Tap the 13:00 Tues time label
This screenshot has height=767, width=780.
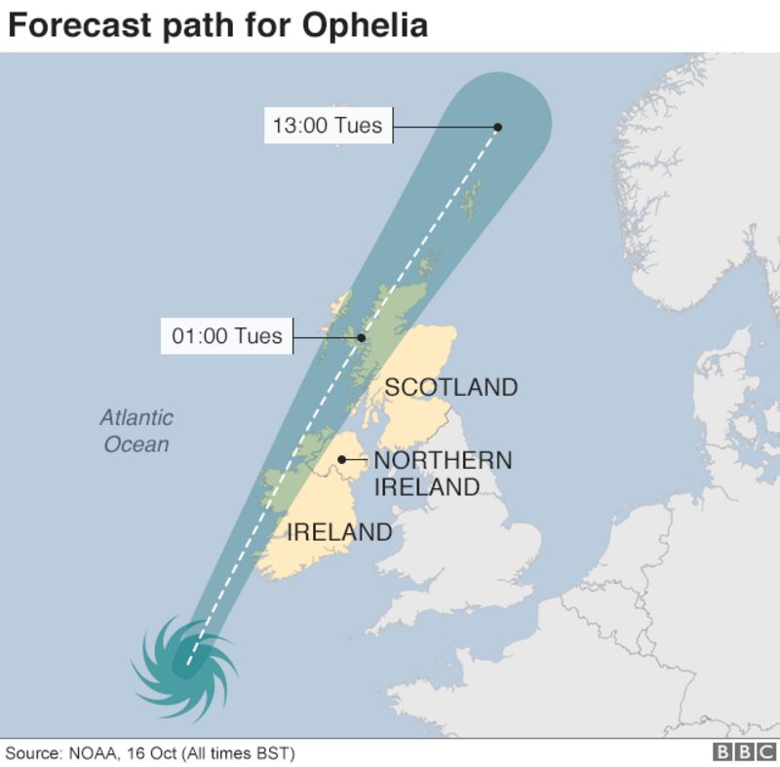point(328,126)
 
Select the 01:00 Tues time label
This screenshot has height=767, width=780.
point(226,336)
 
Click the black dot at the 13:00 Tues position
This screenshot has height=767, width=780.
point(497,127)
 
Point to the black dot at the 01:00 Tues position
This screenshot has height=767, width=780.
point(361,338)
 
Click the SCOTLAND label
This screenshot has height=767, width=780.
point(450,387)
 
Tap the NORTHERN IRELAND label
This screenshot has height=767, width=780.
point(443,473)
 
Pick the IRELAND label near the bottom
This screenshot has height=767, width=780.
point(338,532)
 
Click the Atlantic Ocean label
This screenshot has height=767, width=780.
point(136,431)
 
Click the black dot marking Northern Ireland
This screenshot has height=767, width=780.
point(341,460)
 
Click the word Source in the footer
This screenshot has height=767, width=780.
point(30,753)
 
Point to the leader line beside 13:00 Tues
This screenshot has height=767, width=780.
point(444,127)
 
